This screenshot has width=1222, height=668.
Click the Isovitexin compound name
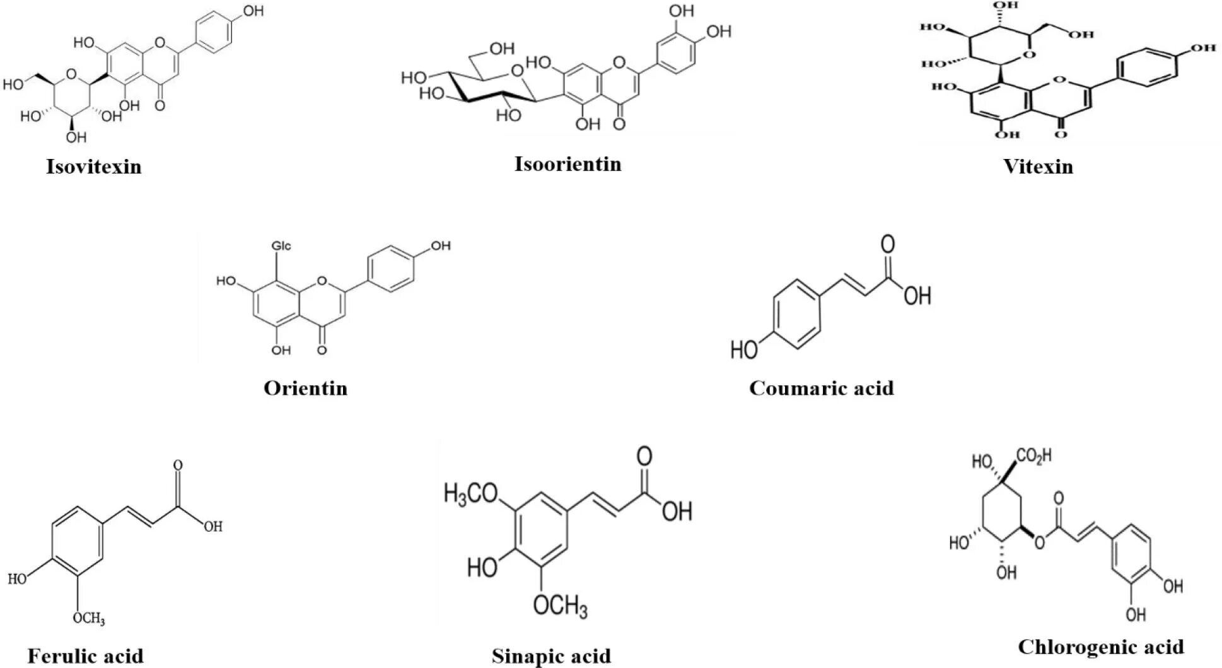point(93,167)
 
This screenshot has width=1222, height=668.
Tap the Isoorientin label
point(567,164)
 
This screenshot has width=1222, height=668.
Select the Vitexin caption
point(1038,167)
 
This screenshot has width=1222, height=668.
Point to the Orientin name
point(305,387)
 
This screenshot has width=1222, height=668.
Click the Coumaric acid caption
point(821,387)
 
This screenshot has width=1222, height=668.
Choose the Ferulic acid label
point(85,656)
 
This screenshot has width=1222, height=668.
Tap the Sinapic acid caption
point(551,656)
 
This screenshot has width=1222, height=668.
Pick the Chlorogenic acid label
point(1100,647)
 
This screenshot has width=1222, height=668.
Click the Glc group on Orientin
point(281,245)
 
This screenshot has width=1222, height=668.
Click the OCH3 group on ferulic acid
point(88,618)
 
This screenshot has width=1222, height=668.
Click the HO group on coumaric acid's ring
point(744,348)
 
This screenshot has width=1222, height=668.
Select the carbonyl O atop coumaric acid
point(888,244)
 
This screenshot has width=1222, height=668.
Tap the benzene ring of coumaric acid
point(796,313)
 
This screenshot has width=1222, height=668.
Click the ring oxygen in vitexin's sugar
point(1029,55)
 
